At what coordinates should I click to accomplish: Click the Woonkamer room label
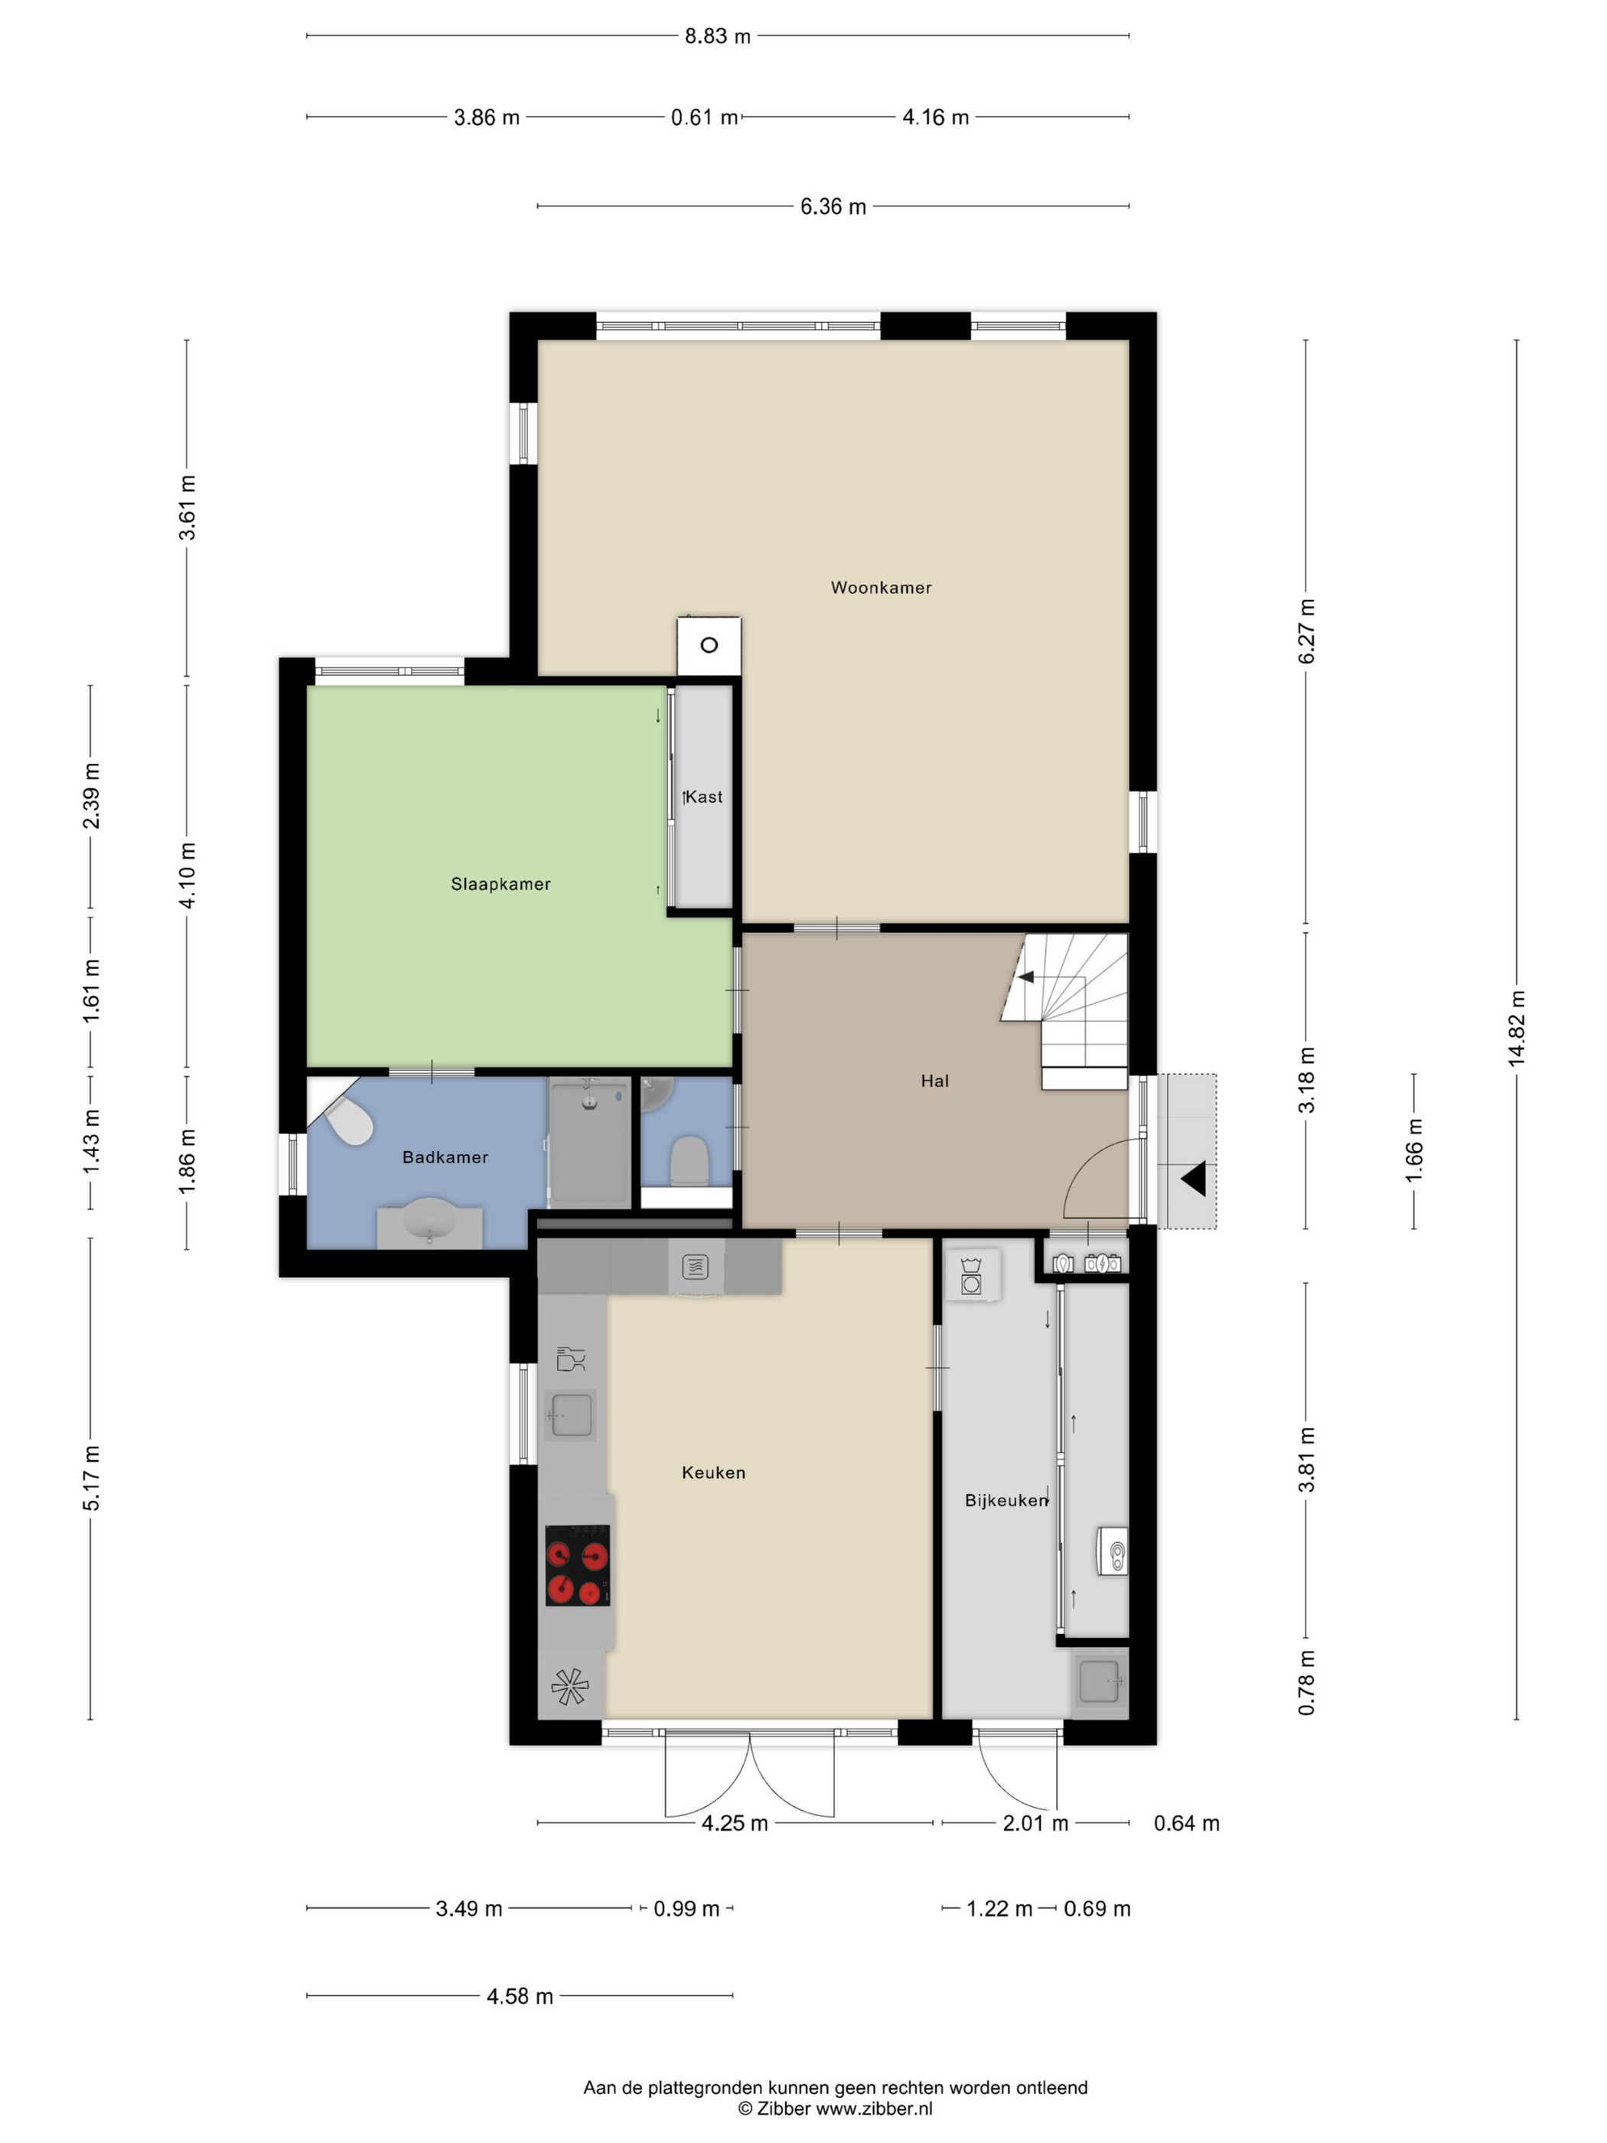(881, 587)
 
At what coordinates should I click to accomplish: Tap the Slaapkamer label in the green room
(500, 883)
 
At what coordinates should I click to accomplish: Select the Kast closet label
(704, 797)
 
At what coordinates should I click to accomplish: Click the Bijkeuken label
(1006, 1499)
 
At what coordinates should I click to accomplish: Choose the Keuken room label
(713, 1472)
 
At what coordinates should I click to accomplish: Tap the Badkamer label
(445, 1156)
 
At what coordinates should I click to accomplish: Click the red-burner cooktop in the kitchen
(577, 1564)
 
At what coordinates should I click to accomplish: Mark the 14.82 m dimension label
(1516, 1029)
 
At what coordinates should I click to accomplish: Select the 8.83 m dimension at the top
(718, 36)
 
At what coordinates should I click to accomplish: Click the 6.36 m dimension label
(833, 207)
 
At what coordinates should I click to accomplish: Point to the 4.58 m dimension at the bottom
(520, 1996)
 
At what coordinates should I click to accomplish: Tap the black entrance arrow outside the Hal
(1192, 1179)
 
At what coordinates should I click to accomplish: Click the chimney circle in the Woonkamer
(709, 645)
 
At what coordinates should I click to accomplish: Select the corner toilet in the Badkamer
(347, 1122)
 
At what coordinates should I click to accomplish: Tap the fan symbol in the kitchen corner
(569, 1687)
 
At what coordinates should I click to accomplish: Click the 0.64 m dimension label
(1187, 1823)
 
